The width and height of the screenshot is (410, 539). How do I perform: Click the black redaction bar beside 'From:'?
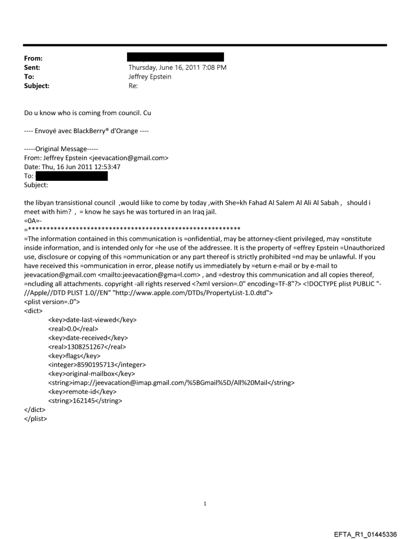[x=176, y=57]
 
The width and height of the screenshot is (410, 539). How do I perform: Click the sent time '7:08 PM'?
[x=212, y=67]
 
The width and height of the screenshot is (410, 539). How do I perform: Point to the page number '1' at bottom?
[x=205, y=503]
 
